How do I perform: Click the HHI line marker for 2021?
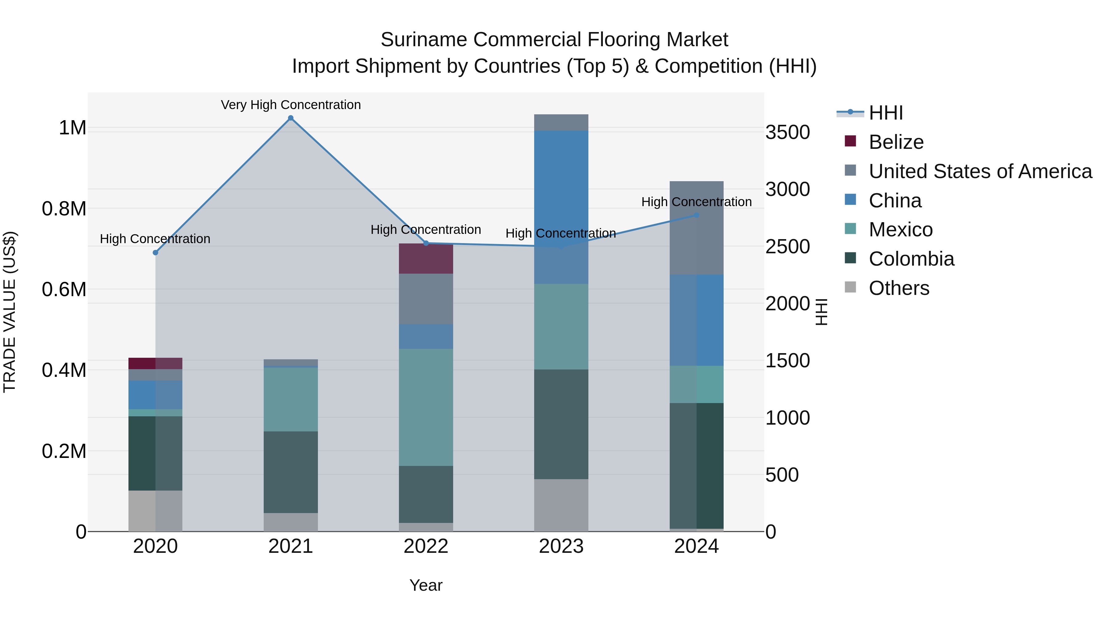point(290,118)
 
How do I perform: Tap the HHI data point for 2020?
point(156,253)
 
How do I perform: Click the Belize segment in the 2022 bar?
point(426,259)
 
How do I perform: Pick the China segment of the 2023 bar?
point(561,207)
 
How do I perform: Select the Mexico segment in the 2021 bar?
point(290,399)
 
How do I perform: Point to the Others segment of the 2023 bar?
point(561,505)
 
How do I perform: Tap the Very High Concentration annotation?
point(290,105)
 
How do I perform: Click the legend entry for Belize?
point(896,142)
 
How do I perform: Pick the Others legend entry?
point(899,288)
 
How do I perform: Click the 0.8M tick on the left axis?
point(64,209)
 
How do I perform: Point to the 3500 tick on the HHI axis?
point(787,132)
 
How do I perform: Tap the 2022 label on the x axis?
point(426,546)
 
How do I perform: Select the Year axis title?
point(426,585)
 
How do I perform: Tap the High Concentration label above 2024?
point(696,202)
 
